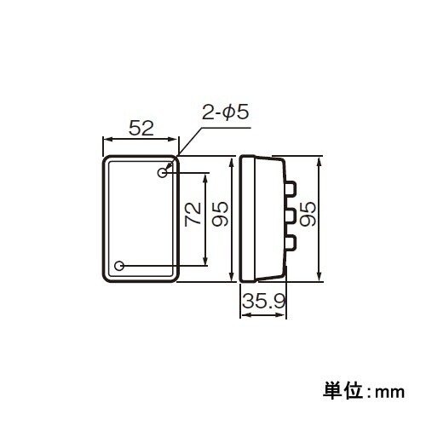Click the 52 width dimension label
click(141, 129)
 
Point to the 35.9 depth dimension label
click(262, 301)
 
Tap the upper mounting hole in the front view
click(162, 173)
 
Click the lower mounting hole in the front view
click(119, 266)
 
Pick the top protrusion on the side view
click(291, 186)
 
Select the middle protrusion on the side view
click(291, 216)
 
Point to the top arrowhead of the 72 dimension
click(205, 176)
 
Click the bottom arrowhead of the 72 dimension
click(205, 262)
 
